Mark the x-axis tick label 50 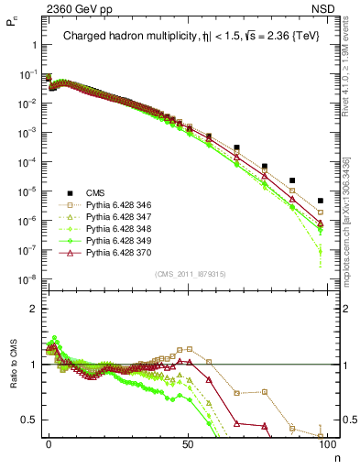pyautogui.click(x=188, y=443)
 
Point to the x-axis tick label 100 pyautogui.click(x=326, y=443)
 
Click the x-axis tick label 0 pyautogui.click(x=49, y=443)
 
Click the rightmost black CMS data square pyautogui.click(x=320, y=201)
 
